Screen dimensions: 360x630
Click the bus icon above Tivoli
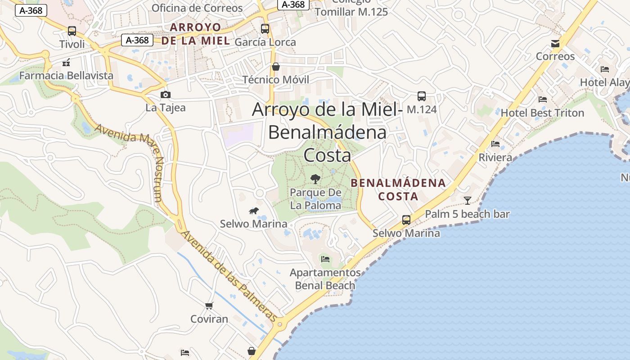72,31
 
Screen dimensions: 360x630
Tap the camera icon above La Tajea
166,94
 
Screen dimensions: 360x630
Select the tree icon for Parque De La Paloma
315,179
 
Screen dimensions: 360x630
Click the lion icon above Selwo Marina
254,211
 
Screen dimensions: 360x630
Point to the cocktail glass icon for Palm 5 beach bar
468,201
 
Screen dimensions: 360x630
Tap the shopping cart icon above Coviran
209,306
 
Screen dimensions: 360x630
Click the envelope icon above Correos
555,44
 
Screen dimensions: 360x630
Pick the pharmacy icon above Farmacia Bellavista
67,63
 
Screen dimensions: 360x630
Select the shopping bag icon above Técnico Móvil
275,67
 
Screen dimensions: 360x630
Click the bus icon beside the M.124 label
422,96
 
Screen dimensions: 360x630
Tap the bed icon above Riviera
495,144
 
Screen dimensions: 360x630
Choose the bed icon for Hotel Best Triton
543,99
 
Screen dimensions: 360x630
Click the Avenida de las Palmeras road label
229,276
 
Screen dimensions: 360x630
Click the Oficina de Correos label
197,8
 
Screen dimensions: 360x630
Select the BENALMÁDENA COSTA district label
398,189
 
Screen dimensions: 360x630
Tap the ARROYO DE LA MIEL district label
195,34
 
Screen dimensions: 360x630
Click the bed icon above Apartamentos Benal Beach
325,259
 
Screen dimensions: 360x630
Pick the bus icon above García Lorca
265,29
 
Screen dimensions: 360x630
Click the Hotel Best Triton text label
542,113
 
